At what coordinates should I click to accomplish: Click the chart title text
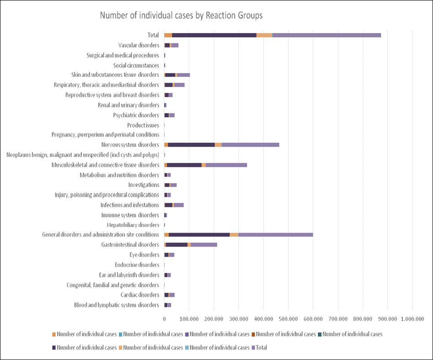(181, 16)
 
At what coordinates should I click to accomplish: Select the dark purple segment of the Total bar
(214, 35)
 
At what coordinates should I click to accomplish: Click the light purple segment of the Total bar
(327, 35)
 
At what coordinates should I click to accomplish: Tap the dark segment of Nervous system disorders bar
(191, 145)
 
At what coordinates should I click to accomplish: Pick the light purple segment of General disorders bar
(276, 235)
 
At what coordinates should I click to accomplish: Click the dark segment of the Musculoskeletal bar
(184, 165)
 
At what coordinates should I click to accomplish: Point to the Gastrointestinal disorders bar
(190, 245)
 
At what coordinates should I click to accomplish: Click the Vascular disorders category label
(139, 45)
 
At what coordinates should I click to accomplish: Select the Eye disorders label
(144, 255)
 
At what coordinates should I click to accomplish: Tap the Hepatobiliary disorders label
(133, 225)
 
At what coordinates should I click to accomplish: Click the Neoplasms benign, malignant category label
(83, 155)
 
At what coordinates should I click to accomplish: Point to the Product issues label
(143, 125)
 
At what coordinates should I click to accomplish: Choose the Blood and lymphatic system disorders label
(117, 305)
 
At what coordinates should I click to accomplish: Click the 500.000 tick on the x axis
(288, 319)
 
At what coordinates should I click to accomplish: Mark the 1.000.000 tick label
(412, 319)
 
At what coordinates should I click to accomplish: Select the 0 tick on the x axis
(164, 319)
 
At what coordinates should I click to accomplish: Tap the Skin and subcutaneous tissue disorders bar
(177, 75)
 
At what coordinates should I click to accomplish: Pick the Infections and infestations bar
(174, 205)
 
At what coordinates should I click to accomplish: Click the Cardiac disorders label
(140, 295)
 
